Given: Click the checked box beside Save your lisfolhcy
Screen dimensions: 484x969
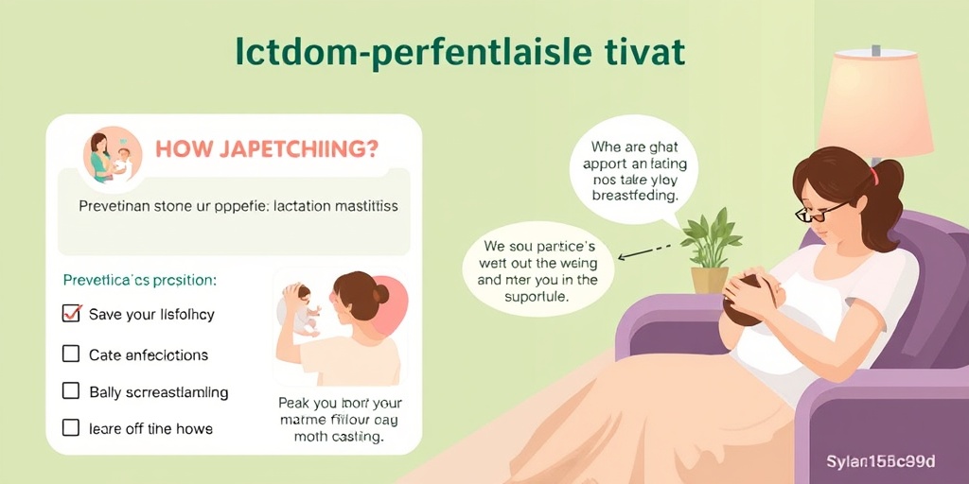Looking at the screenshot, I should pyautogui.click(x=71, y=314).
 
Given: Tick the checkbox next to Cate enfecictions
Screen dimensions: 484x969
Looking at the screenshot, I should pyautogui.click(x=71, y=354).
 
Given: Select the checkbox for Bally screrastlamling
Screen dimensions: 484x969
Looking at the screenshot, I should pyautogui.click(x=71, y=390).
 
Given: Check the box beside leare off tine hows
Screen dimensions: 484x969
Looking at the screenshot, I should pyautogui.click(x=71, y=428).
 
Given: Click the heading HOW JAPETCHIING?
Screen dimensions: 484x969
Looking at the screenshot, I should pyautogui.click(x=266, y=149).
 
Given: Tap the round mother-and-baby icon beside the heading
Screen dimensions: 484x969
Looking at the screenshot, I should pyautogui.click(x=112, y=155).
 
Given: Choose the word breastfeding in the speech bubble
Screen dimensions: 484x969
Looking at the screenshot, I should pyautogui.click(x=633, y=196).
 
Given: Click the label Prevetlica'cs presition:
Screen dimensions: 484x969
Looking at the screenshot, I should pyautogui.click(x=138, y=280).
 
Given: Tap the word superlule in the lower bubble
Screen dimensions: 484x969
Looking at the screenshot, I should pyautogui.click(x=537, y=297).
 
